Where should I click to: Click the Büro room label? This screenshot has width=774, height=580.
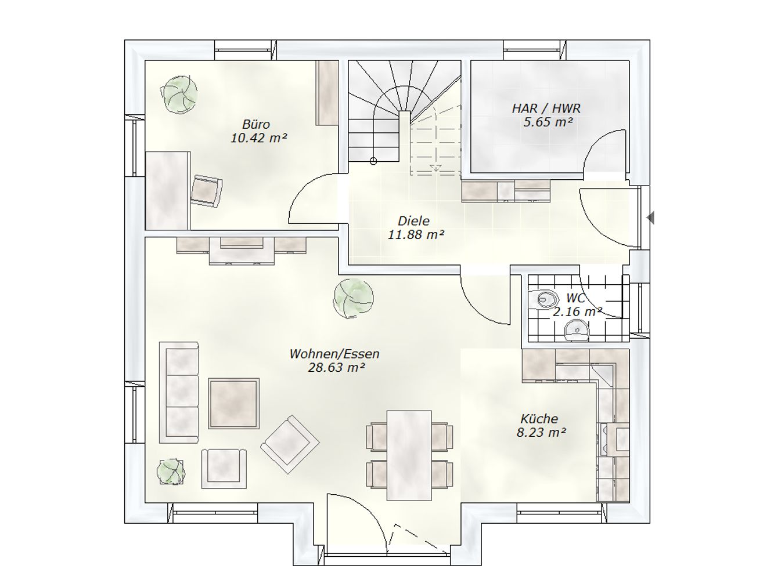pos(256,124)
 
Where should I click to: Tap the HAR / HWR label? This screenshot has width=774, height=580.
pos(546,108)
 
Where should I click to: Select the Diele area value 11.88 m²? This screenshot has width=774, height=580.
pos(416,234)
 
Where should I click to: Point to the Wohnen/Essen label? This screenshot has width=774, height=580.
pos(334,354)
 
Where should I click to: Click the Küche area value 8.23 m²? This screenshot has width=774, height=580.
pos(541,432)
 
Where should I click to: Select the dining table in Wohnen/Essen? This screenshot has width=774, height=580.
pos(409,455)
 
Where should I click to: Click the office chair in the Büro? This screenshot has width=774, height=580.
pos(207,191)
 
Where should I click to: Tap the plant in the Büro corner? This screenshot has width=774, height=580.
pos(179,95)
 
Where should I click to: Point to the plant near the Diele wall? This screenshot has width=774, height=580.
pos(354,298)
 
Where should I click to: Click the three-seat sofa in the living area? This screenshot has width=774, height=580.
pos(179,392)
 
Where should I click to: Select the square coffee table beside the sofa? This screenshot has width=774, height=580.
pos(234,404)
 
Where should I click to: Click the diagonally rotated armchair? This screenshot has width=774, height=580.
pos(290,444)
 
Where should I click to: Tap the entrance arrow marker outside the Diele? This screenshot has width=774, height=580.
pos(650,217)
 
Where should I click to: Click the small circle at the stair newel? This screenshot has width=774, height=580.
pos(373,161)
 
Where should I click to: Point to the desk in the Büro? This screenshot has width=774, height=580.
pos(168,191)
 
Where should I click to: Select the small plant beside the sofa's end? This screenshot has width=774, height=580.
pos(171,472)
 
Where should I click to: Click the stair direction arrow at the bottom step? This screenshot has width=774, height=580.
pos(435,168)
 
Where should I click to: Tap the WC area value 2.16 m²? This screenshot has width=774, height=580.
pos(577,311)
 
